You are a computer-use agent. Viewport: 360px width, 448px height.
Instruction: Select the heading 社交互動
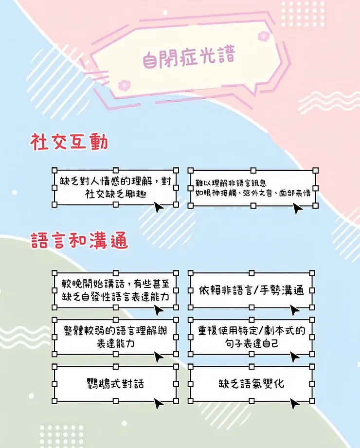tap(69, 142)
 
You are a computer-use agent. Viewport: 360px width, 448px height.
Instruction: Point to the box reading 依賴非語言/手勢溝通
tap(252, 291)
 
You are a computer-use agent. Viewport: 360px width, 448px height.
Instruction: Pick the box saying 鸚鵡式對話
tap(115, 384)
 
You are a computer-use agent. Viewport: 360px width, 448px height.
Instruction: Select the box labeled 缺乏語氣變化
tap(252, 384)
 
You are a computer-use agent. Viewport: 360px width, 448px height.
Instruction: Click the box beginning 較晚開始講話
tap(115, 291)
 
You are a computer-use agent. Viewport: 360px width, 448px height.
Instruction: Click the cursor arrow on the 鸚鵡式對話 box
tap(159, 403)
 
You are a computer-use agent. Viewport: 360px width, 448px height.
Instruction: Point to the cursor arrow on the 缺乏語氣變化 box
tap(295, 403)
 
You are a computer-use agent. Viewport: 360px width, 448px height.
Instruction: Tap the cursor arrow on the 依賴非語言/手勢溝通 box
tap(295, 310)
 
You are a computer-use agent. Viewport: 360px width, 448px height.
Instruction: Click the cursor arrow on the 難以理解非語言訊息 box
tap(297, 209)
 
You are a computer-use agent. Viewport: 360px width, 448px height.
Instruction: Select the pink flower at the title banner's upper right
tap(263, 36)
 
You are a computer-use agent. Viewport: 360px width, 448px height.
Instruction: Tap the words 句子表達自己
tap(252, 344)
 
